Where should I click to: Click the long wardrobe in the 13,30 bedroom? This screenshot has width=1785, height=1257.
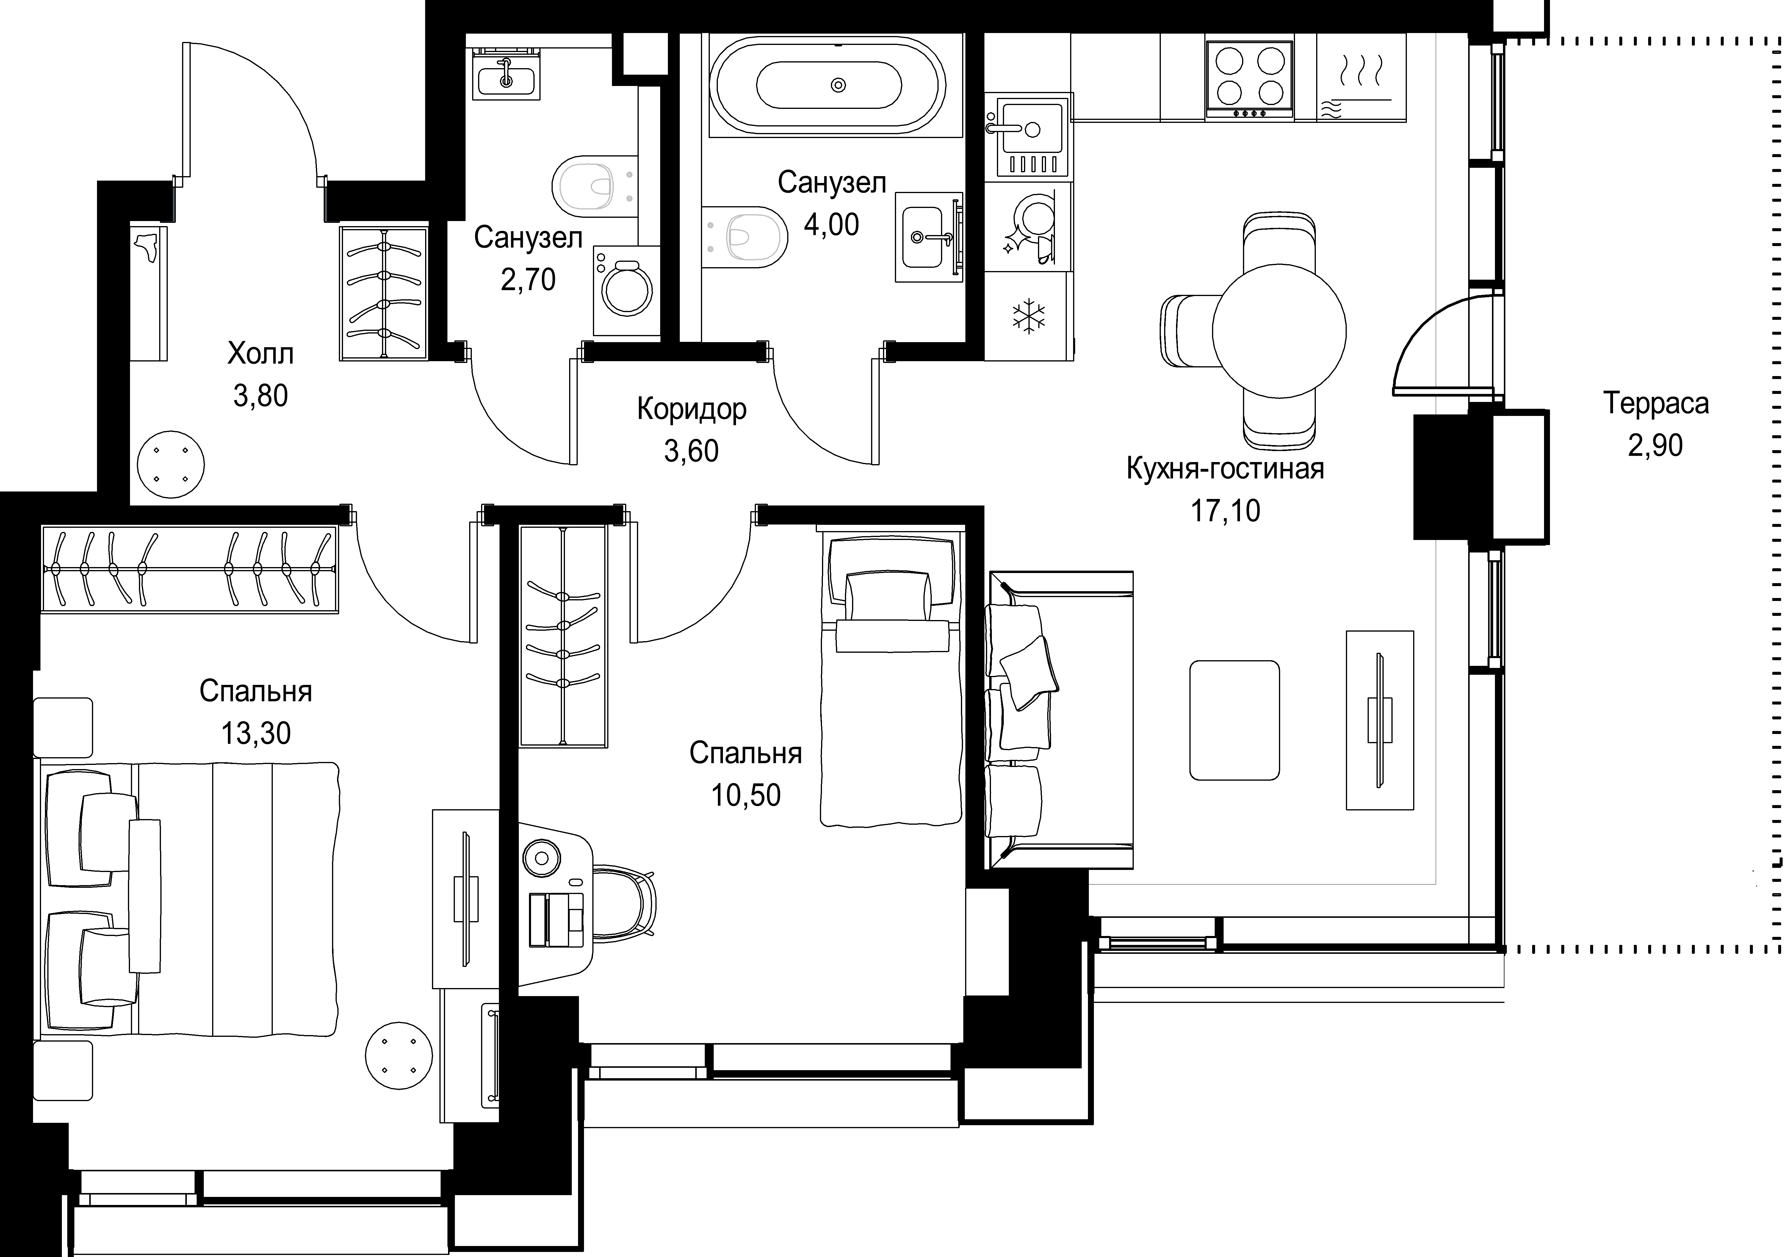click(x=190, y=570)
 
